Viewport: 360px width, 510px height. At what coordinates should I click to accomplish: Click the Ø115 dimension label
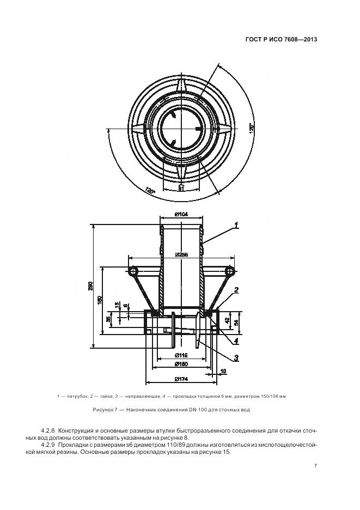(x=181, y=355)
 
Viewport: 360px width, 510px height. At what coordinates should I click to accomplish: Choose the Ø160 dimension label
(x=181, y=365)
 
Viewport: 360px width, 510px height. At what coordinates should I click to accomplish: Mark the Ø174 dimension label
(x=181, y=379)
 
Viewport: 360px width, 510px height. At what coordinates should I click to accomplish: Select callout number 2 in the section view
(x=237, y=290)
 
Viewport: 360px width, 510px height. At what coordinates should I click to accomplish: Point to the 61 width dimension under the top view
(x=180, y=188)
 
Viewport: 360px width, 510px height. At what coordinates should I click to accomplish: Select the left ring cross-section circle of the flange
(x=133, y=271)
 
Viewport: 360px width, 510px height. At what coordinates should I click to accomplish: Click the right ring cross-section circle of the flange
(x=229, y=271)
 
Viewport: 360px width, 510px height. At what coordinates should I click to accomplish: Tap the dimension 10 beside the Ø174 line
(x=223, y=372)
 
